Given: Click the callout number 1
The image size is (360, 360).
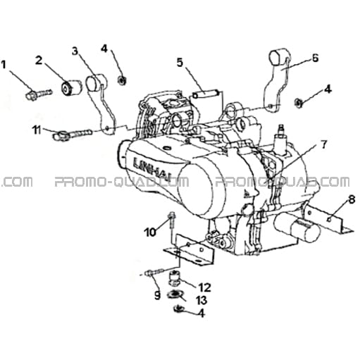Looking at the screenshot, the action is pyautogui.click(x=4, y=65).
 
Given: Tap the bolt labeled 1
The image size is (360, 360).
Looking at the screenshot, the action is pyautogui.click(x=39, y=94).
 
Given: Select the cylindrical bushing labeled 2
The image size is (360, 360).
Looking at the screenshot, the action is pyautogui.click(x=72, y=88).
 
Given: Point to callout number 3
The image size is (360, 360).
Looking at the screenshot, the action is pyautogui.click(x=75, y=51).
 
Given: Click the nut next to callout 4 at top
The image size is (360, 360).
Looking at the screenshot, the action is pyautogui.click(x=122, y=80).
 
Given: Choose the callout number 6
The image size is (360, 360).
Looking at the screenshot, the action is pyautogui.click(x=315, y=58).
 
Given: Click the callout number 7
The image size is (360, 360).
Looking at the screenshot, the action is pyautogui.click(x=324, y=145).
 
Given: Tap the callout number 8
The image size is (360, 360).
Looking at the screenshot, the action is pyautogui.click(x=352, y=200).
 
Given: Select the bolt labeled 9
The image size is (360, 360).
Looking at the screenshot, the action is pyautogui.click(x=155, y=273).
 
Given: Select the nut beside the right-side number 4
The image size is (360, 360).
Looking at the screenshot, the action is pyautogui.click(x=299, y=102).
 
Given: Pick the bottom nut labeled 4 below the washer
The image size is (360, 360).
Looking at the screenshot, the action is pyautogui.click(x=179, y=309).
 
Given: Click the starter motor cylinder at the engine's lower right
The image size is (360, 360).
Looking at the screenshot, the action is pyautogui.click(x=297, y=227).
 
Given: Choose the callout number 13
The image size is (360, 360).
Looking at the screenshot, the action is pyautogui.click(x=201, y=300).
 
